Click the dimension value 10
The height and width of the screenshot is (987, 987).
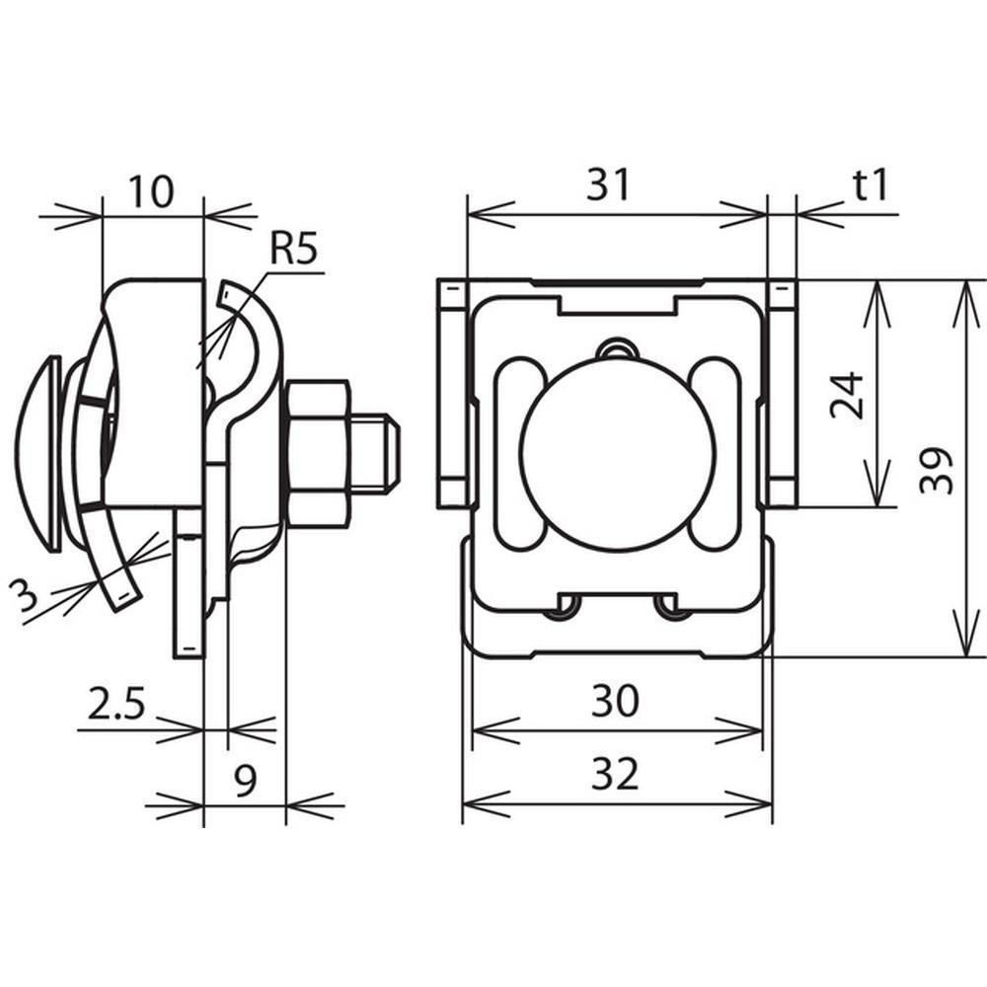[151, 191]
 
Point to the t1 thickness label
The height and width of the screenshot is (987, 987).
[871, 185]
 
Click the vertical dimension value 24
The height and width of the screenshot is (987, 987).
[848, 395]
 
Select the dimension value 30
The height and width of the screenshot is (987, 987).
[616, 701]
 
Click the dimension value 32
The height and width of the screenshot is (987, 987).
[616, 775]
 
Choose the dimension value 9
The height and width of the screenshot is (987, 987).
[245, 780]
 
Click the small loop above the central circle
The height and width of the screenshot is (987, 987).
[617, 348]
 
